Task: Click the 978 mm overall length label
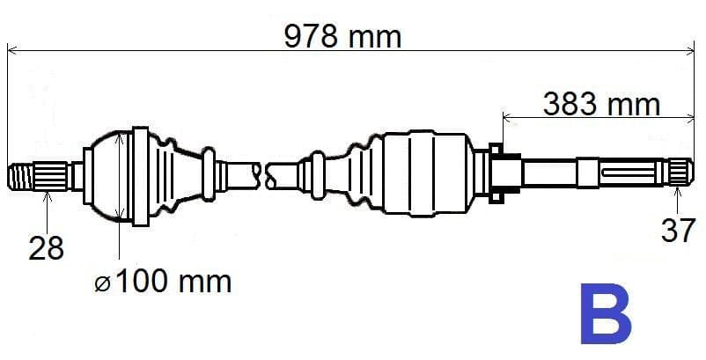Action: point(342,36)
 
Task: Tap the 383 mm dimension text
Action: point(601,105)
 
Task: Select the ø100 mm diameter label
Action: point(163,282)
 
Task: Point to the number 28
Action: point(45,248)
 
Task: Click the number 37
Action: point(678,231)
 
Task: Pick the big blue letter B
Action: point(605,314)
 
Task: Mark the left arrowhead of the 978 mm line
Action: point(11,49)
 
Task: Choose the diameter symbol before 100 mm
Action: point(103,283)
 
